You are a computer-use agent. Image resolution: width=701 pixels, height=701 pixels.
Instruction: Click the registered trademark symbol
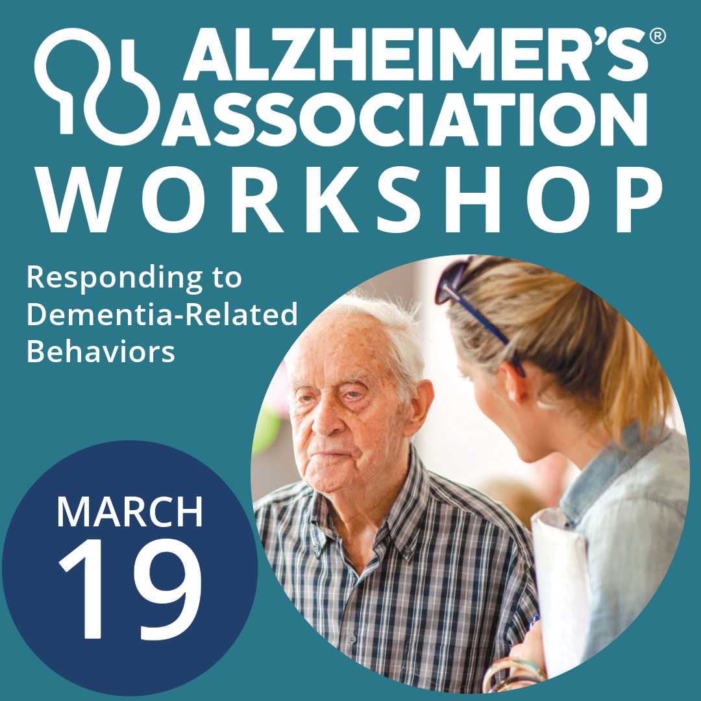click(657, 37)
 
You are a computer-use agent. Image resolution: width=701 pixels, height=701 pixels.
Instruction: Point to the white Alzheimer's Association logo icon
click(97, 84)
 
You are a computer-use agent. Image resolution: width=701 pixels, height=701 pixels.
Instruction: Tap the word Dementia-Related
click(162, 315)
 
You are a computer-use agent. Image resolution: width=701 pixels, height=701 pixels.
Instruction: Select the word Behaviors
click(101, 351)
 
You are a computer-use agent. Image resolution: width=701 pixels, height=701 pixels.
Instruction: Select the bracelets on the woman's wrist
click(513, 672)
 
